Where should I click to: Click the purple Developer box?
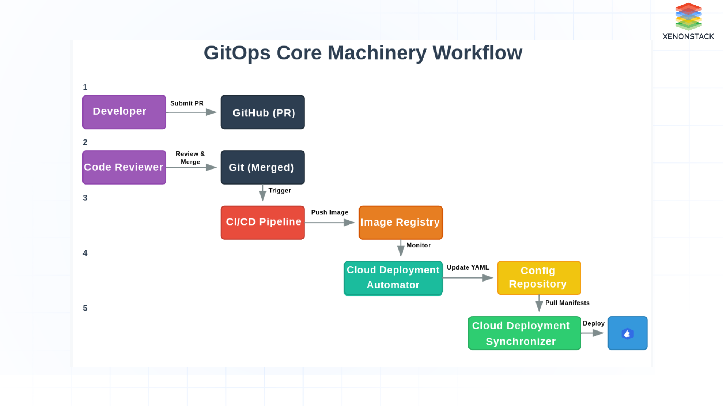tap(124, 112)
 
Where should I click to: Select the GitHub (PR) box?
tap(262, 112)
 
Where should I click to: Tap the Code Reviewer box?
tap(124, 167)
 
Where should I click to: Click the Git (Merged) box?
tap(262, 168)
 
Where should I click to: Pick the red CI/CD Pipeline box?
tap(262, 222)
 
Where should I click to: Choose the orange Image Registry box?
tap(401, 222)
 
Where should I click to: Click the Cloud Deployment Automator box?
tap(393, 278)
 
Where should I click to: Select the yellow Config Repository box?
tap(539, 278)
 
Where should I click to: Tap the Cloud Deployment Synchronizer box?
tap(524, 333)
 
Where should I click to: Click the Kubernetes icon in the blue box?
tap(627, 333)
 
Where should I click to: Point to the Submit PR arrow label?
tap(187, 103)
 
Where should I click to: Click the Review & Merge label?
tap(190, 158)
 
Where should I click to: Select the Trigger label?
tap(279, 191)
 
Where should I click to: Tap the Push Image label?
tap(329, 212)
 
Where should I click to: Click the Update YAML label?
tap(468, 267)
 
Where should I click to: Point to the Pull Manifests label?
tap(567, 303)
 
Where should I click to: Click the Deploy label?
tap(593, 323)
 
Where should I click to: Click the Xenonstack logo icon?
tap(688, 17)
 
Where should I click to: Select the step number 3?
tap(85, 198)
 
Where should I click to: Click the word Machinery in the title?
tap(377, 53)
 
